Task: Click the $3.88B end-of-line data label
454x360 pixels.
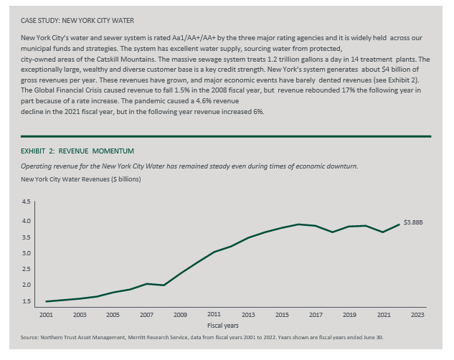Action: (x=413, y=222)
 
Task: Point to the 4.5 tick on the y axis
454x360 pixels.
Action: (x=26, y=202)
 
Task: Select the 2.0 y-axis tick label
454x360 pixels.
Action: (x=26, y=285)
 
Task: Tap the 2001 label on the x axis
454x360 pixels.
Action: (x=46, y=315)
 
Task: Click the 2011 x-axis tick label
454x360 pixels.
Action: (x=214, y=314)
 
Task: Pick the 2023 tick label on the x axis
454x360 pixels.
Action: (x=417, y=315)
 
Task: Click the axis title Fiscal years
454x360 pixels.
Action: (x=223, y=326)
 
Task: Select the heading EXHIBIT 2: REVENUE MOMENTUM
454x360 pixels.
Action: (x=77, y=151)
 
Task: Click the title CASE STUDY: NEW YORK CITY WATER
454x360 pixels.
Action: (x=77, y=21)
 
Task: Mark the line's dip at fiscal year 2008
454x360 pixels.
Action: (x=164, y=285)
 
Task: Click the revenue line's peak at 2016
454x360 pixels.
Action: (x=298, y=224)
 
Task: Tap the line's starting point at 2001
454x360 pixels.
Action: (x=47, y=301)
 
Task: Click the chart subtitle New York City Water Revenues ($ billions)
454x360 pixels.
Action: (x=81, y=179)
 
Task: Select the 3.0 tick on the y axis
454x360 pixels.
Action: (x=26, y=253)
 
